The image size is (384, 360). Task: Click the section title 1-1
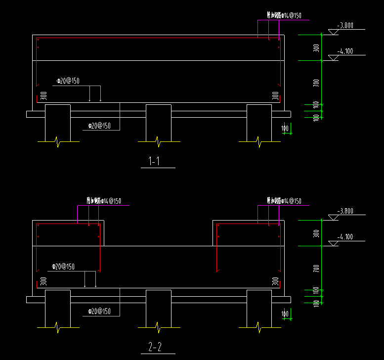click(x=154, y=161)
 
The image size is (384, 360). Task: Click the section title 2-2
click(x=154, y=347)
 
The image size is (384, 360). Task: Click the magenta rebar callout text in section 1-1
click(x=283, y=16)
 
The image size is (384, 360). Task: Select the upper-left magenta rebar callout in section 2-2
click(x=103, y=201)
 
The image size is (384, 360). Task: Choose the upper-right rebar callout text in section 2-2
click(x=283, y=201)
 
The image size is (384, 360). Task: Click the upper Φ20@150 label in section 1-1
click(x=68, y=81)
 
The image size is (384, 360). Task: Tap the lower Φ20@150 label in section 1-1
click(x=99, y=126)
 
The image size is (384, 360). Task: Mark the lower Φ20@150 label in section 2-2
click(x=99, y=312)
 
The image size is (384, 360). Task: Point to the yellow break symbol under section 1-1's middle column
click(x=158, y=141)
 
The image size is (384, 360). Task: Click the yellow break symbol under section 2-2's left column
click(x=58, y=327)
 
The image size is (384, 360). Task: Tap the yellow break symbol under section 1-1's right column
click(x=259, y=141)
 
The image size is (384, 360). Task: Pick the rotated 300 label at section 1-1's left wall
click(x=43, y=95)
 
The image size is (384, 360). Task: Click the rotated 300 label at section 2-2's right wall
click(x=275, y=281)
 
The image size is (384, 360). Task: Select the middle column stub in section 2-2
click(x=158, y=308)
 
